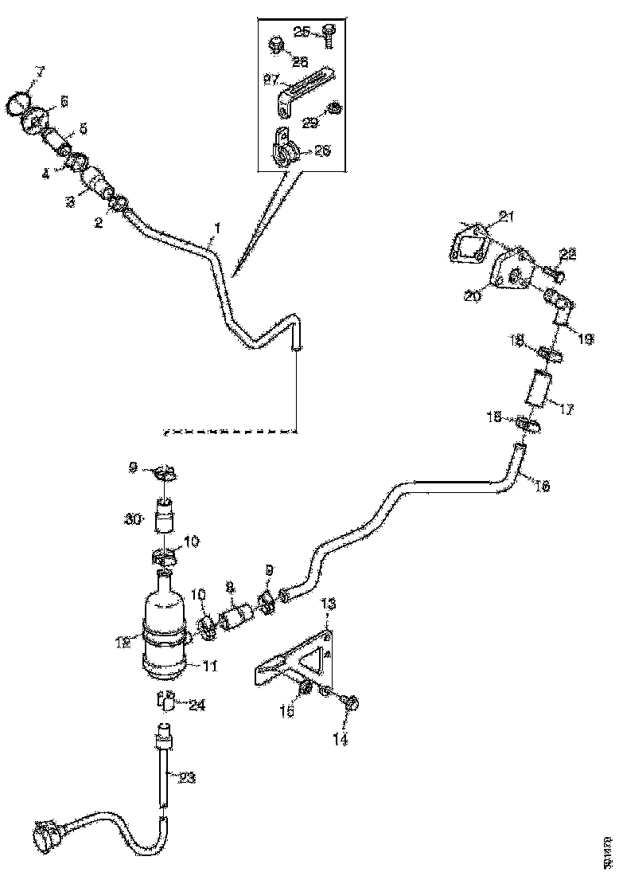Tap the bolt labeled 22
(555, 275)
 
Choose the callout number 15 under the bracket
(287, 711)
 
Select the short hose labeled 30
(165, 519)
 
